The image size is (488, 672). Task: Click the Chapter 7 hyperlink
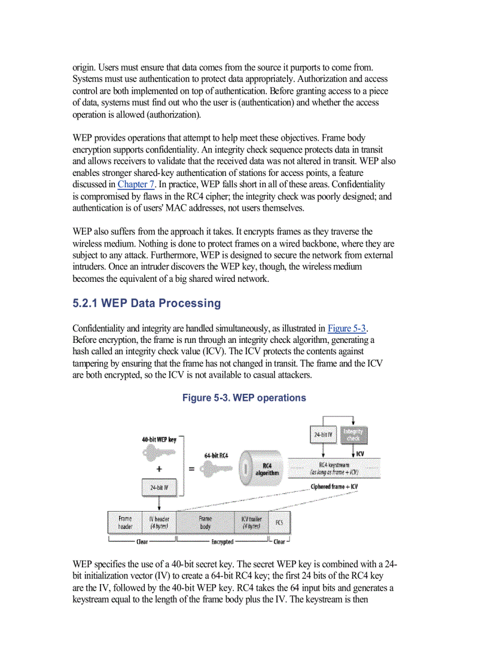coord(136,184)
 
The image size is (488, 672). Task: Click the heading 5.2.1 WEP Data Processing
coord(147,303)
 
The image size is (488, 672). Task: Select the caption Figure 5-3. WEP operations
coord(244,398)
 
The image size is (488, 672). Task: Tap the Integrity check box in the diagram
coord(353,434)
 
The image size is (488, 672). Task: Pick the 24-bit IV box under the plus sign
coord(158,488)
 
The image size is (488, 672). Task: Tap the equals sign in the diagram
coord(191,470)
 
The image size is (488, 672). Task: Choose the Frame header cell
coord(125,522)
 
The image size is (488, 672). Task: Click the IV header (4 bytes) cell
coord(158,522)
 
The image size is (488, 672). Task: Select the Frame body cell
coord(205,522)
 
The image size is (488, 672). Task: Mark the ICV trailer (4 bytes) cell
coord(251,522)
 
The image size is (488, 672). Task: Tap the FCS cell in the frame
coord(279,522)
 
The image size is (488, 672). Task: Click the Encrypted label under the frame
coord(222,542)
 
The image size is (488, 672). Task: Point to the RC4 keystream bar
coord(334,469)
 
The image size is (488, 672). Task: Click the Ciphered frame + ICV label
coord(334,486)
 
